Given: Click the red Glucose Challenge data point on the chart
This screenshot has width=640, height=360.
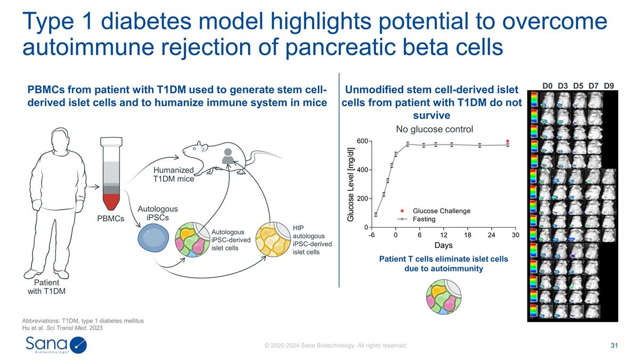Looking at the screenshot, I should (x=508, y=141).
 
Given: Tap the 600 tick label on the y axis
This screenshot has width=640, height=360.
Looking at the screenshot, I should (x=361, y=141).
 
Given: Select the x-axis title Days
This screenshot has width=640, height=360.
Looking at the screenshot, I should (x=443, y=245).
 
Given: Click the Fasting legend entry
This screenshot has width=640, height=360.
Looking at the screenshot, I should (x=424, y=219).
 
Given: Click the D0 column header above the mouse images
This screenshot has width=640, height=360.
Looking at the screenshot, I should (x=548, y=85).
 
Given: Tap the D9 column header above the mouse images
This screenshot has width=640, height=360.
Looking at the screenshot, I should (x=609, y=85).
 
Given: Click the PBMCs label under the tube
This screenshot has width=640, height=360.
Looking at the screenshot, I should (x=111, y=219).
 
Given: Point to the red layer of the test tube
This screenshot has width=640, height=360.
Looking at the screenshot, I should (x=111, y=202).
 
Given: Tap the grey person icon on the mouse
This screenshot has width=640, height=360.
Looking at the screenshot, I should (x=228, y=155).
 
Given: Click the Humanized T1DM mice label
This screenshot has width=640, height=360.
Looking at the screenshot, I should (x=173, y=174).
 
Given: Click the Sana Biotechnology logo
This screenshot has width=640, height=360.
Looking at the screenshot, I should (x=56, y=345).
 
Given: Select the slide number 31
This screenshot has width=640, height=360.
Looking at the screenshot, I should (x=614, y=346).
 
